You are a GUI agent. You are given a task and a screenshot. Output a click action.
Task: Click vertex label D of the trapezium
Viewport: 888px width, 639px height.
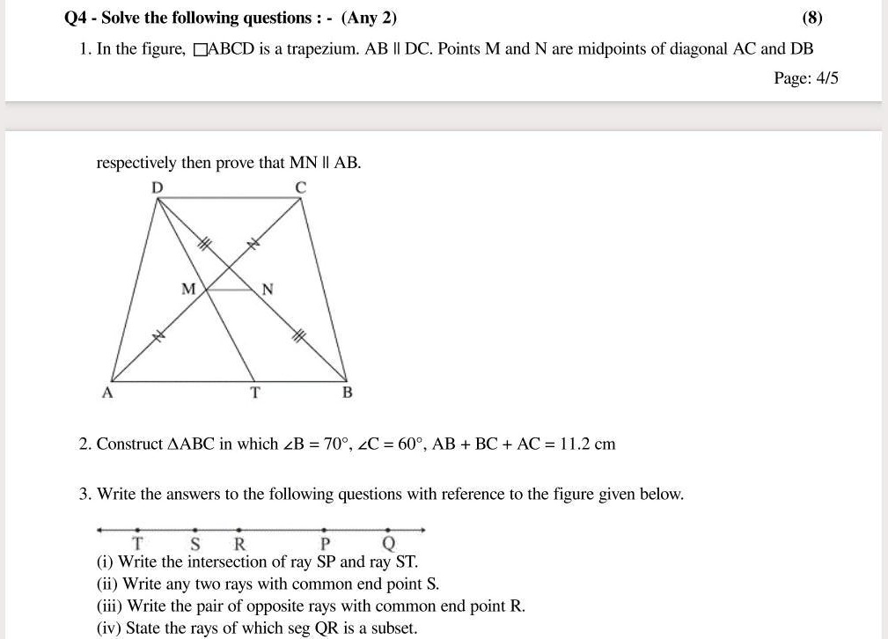(x=157, y=187)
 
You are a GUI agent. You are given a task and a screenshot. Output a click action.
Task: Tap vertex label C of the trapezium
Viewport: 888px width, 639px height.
(x=300, y=187)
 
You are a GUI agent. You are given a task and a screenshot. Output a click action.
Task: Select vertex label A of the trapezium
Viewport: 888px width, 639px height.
(x=107, y=393)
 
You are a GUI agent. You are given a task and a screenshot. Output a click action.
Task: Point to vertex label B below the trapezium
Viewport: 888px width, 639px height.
(x=347, y=393)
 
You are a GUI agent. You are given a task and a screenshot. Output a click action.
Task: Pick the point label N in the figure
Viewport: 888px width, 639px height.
(x=268, y=289)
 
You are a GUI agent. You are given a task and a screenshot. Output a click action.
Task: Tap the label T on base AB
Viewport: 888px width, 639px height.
(x=255, y=393)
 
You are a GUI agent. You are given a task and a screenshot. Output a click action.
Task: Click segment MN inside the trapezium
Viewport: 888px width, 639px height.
(x=229, y=290)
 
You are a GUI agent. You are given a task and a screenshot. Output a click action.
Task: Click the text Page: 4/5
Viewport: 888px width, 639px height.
(x=805, y=78)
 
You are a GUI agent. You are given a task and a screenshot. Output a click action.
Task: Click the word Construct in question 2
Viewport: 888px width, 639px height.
(x=129, y=444)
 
